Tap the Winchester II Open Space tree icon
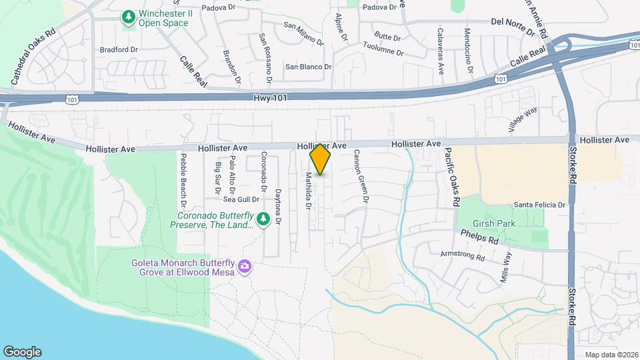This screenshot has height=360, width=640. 128,17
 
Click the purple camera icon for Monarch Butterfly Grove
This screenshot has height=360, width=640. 245,267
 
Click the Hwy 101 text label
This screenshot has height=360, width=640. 270,98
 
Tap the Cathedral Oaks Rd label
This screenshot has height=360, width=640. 32,56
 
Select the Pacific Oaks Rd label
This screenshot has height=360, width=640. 452,176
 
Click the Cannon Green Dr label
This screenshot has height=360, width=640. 361,176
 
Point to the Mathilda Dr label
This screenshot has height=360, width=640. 308,191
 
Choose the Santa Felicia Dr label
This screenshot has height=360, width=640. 539,205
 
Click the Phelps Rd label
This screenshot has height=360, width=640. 479,236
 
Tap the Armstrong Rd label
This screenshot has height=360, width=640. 462,255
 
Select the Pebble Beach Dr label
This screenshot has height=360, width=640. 183,180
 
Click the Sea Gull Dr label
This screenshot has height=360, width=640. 241,199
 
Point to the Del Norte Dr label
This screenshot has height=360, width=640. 513,26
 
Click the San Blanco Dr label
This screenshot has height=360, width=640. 308,67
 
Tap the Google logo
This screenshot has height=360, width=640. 22,351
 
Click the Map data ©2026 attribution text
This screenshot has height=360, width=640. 610,355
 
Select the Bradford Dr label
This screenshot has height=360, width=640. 118,49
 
